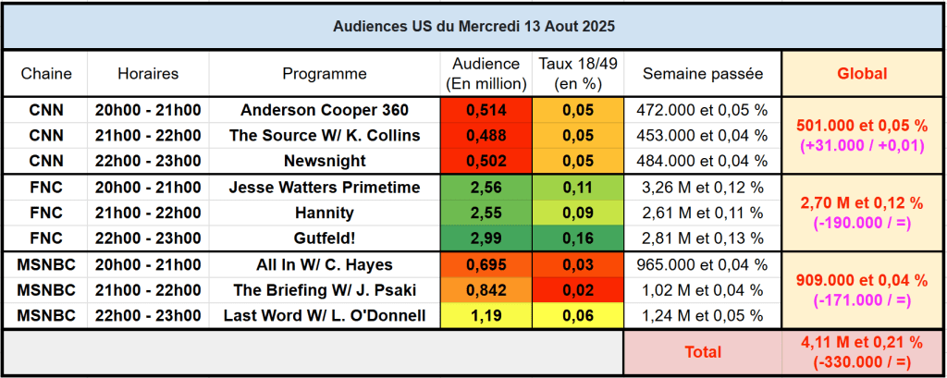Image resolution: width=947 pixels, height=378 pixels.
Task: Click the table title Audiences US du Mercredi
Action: [x=473, y=26]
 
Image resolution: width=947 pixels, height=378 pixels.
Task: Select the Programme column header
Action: [x=325, y=74]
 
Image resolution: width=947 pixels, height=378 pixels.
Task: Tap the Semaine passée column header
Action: [x=703, y=74]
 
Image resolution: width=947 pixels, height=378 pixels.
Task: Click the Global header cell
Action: [x=861, y=74]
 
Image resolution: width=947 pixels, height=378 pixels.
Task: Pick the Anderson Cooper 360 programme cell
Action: [x=325, y=110]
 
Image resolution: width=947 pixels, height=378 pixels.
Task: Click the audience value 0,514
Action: [x=486, y=110]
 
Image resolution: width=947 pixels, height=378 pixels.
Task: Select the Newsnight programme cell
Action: [x=325, y=160]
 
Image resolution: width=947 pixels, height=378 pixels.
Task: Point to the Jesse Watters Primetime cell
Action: [x=325, y=188]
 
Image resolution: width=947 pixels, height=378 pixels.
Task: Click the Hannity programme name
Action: [x=325, y=213]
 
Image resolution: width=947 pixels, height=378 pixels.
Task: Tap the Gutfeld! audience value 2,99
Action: [x=486, y=238]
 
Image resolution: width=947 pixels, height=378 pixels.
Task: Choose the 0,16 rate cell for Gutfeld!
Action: [x=579, y=238]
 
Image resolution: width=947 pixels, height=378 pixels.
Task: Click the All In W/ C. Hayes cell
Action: [x=325, y=265]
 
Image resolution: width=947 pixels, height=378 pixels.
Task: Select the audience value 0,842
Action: [x=486, y=290]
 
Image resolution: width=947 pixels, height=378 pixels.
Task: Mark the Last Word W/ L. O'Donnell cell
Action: [x=325, y=315]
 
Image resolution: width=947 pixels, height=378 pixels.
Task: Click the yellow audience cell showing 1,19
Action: [x=486, y=315]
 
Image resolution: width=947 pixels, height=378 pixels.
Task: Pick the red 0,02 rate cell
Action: [x=579, y=290]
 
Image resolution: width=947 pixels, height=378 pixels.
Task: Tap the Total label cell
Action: [x=703, y=352]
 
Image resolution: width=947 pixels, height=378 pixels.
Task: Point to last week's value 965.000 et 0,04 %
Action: [x=703, y=265]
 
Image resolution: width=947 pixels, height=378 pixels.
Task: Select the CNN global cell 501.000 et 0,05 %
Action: [x=861, y=125]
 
